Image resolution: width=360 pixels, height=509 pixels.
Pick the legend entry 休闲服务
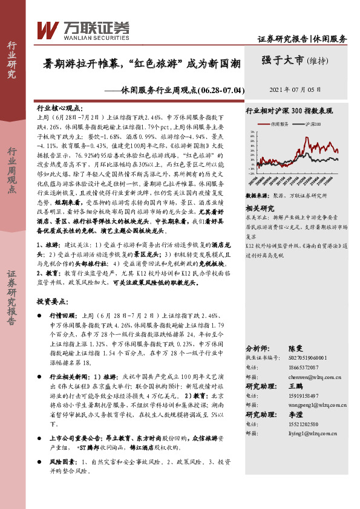pyautogui.click(x=278, y=123)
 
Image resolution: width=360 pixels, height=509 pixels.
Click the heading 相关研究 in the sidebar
pyautogui.click(x=260, y=208)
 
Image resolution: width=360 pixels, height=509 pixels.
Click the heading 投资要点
pyautogui.click(x=51, y=300)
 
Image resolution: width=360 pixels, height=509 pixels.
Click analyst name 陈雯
pyautogui.click(x=293, y=350)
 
